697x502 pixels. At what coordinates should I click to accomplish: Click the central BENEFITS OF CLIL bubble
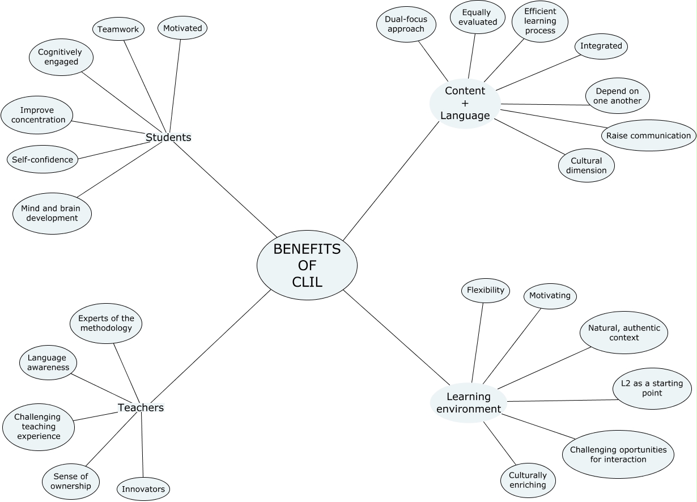tap(307, 265)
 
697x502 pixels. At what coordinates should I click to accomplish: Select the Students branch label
tap(168, 137)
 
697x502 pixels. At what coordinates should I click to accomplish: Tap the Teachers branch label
tap(141, 407)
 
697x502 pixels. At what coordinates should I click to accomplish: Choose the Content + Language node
tap(465, 103)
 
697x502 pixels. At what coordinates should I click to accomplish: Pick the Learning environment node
tap(469, 403)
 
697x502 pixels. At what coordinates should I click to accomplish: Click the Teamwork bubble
tap(118, 29)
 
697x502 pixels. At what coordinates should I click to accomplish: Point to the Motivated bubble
tap(182, 28)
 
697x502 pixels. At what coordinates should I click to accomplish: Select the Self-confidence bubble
tap(42, 159)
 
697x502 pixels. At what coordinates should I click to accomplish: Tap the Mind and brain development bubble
tap(52, 214)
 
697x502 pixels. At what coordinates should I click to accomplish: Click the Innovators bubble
tap(143, 489)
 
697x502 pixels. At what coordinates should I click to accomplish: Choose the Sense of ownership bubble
tap(71, 481)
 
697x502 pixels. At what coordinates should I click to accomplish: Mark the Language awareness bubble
tap(48, 363)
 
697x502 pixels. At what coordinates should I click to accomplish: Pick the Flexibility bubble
tap(486, 290)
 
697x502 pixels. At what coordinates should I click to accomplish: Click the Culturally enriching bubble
tap(528, 480)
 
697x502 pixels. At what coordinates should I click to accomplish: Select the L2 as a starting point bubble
tap(652, 388)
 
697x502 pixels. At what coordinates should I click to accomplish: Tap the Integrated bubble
tap(601, 46)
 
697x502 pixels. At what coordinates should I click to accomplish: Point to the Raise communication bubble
tap(648, 135)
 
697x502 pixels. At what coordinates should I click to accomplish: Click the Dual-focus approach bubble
tap(406, 24)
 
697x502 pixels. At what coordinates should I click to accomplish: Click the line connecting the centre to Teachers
tap(211, 346)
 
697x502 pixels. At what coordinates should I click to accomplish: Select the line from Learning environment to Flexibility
tap(478, 343)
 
